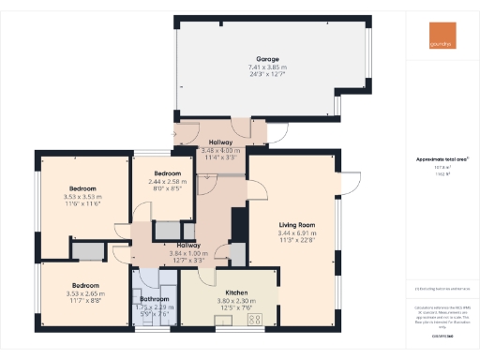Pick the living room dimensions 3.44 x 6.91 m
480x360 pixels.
(x=295, y=232)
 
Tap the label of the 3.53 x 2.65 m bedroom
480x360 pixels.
(x=82, y=286)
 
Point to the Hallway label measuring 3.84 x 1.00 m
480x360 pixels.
(x=175, y=246)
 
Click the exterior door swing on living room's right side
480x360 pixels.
(x=350, y=180)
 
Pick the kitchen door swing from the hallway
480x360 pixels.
(x=222, y=251)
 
